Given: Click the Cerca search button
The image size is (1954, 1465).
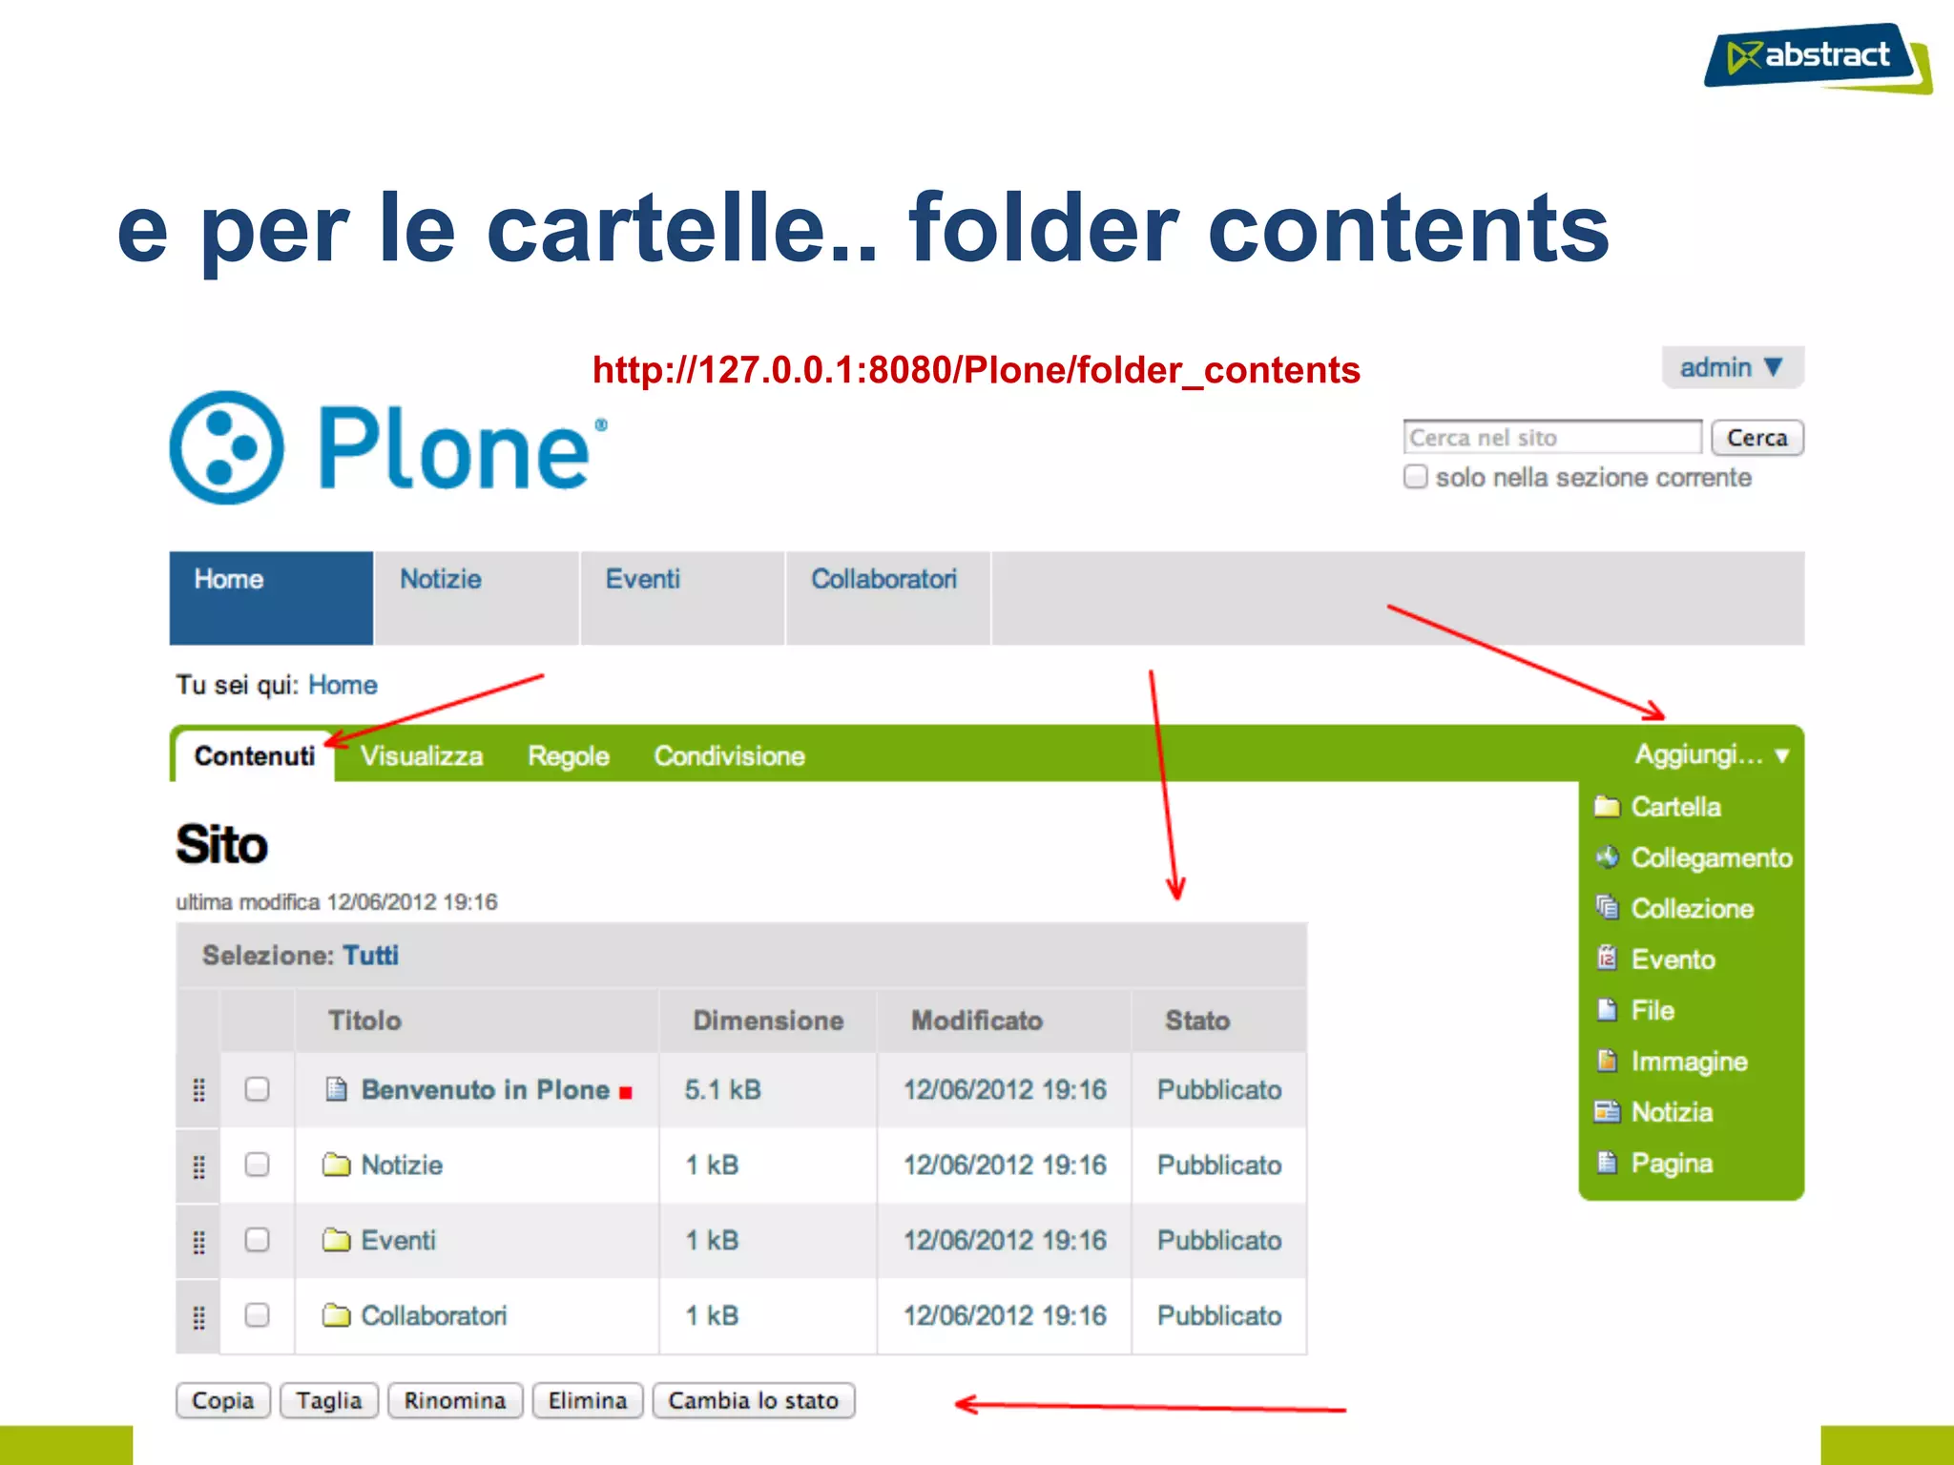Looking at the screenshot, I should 1756,438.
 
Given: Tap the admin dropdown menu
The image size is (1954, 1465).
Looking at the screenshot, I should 1731,368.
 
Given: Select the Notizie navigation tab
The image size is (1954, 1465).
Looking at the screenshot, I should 441,580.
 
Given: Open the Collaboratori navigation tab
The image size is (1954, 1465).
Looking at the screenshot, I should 883,580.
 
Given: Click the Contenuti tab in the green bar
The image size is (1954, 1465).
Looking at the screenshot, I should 254,756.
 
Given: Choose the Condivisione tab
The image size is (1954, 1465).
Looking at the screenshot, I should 729,756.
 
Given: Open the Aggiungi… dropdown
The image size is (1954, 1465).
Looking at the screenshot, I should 1711,755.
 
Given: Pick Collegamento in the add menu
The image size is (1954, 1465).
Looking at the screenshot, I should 1711,858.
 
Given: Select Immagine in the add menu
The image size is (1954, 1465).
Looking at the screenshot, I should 1689,1062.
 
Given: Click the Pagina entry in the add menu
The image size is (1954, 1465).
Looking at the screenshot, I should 1672,1164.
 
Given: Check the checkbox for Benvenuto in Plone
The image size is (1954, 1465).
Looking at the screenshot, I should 257,1089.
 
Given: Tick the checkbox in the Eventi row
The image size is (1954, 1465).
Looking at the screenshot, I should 257,1240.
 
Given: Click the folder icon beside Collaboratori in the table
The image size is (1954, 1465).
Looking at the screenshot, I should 336,1315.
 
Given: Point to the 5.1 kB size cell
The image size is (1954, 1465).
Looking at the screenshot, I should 722,1089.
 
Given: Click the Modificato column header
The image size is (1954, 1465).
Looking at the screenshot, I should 976,1021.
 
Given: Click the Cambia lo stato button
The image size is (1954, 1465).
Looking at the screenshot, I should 753,1400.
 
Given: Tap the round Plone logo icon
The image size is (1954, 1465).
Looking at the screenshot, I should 227,447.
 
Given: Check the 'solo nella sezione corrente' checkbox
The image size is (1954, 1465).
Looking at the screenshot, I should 1416,477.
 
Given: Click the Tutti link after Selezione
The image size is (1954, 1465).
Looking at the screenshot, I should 370,956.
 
